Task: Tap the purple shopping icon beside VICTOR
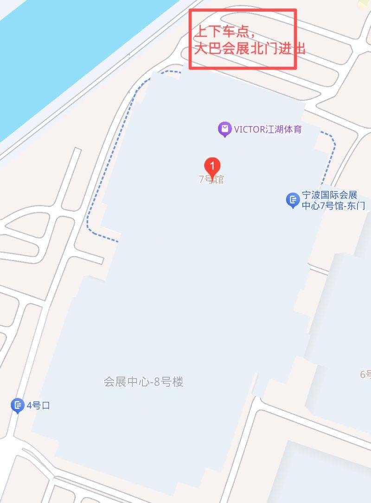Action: tap(224, 129)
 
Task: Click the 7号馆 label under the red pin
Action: tap(211, 180)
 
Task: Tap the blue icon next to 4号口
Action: tap(17, 406)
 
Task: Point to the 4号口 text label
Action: tap(38, 406)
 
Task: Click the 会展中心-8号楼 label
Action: tap(143, 382)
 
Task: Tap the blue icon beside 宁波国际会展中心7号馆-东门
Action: tap(292, 200)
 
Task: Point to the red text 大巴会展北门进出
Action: tap(249, 49)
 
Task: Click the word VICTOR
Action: tap(249, 129)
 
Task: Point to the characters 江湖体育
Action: tap(283, 129)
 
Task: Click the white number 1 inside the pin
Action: tap(212, 164)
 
